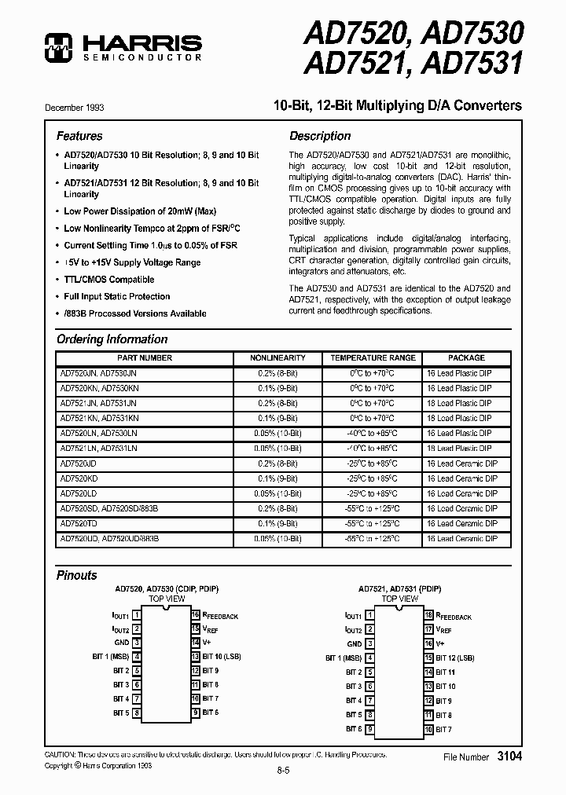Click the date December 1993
pos(75,107)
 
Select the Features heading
pos(79,136)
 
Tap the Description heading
pos(319,136)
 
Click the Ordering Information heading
pos(112,339)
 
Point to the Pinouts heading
pos(77,575)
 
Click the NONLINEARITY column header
pos(277,358)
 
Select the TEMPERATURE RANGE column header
pos(373,358)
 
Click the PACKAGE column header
pos(467,358)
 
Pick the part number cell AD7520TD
pos(78,524)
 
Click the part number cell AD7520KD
pos(78,478)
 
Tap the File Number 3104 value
pos(509,757)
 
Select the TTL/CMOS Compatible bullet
pos(108,280)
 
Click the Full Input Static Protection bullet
pos(116,297)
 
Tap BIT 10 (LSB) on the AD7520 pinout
pos(221,656)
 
